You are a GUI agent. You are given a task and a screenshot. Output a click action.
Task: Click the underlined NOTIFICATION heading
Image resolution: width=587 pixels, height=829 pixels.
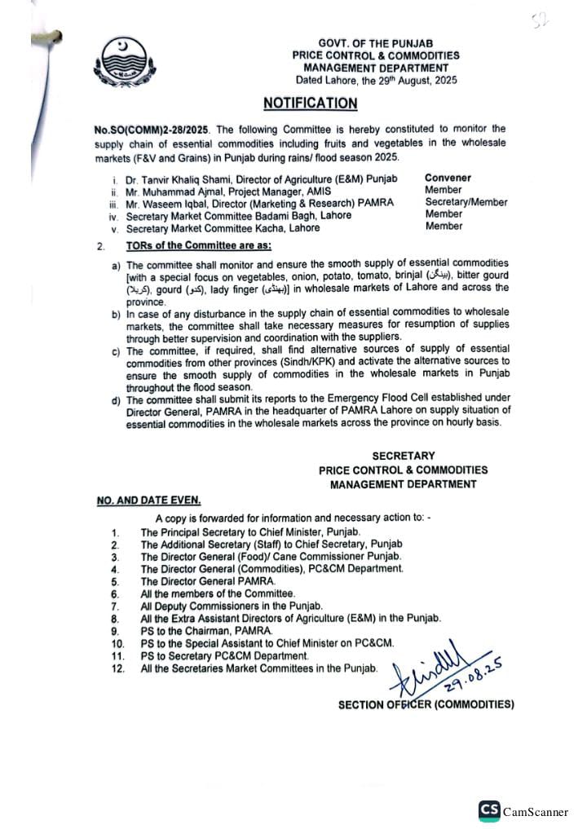tap(310, 104)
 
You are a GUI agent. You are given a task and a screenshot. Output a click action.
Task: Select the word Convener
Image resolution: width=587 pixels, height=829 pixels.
tap(448, 178)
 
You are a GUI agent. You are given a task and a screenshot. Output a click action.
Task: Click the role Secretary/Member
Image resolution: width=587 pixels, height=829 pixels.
tap(466, 202)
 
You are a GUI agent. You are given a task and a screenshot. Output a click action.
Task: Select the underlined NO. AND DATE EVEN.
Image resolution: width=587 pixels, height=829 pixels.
tap(148, 500)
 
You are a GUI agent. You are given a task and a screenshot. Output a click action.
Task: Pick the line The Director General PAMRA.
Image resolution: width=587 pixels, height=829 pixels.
tap(208, 582)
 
